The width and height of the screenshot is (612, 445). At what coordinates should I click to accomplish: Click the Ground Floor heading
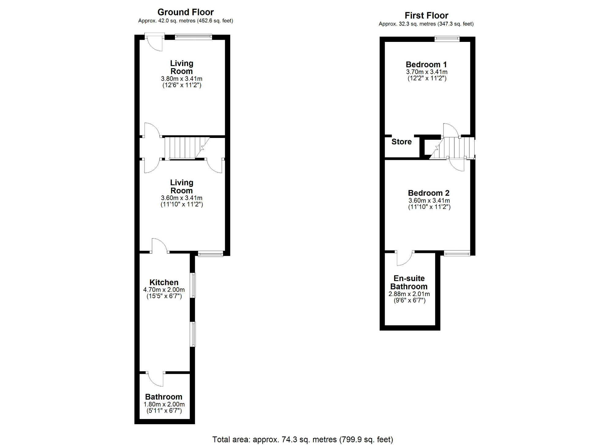coord(185,12)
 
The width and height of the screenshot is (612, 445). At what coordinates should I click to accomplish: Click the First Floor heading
coord(426,15)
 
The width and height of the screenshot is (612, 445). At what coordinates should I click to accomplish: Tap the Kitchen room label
coord(164,282)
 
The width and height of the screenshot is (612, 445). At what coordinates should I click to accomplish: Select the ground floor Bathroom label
coord(163,397)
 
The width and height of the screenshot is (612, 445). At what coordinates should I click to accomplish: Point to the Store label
coord(401,142)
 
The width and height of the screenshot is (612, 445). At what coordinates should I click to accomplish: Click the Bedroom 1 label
coord(426,65)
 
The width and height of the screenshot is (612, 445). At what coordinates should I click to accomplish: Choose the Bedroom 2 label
coord(428,193)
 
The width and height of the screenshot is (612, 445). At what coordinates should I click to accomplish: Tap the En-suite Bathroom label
coord(409,282)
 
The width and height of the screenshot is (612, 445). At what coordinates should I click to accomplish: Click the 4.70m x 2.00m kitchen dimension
coord(164,290)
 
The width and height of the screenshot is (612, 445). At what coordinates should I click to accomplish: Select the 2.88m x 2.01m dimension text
coord(409,294)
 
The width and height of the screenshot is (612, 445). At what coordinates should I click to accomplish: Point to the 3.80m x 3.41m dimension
coord(181,79)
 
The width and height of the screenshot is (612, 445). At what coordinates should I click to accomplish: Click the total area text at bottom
coord(302,439)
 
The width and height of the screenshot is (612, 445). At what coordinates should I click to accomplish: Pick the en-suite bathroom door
coord(405,258)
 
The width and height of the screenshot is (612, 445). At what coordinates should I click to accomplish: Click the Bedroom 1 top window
coord(447,39)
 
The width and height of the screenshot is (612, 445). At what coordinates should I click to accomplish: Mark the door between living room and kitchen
coord(159,246)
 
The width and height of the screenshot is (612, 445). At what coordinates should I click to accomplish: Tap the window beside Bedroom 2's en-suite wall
coord(457,253)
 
